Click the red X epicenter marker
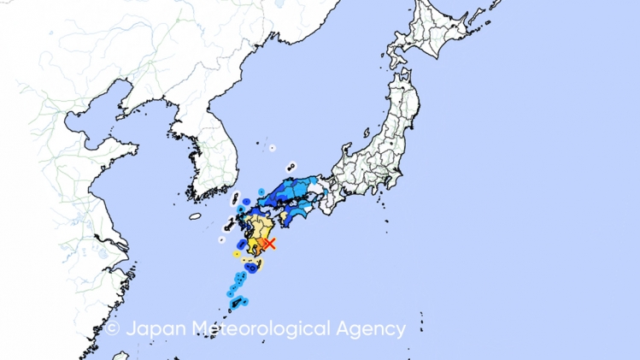coord(269,244)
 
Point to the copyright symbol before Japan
coord(113,328)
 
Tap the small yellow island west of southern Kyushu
coord(235,254)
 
